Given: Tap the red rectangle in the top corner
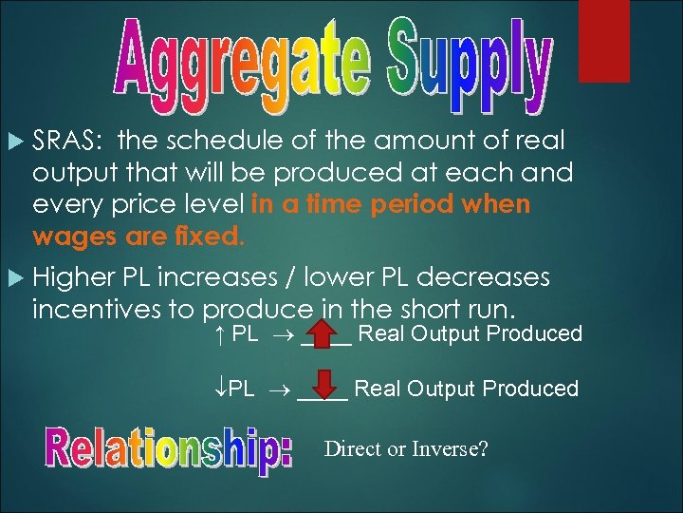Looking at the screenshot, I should (x=603, y=40).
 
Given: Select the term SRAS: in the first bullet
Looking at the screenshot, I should (x=67, y=142).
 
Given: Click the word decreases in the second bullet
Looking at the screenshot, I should (x=484, y=277).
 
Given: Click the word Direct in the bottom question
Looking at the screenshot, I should (x=354, y=448).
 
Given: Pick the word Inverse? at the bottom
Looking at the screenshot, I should (x=451, y=448).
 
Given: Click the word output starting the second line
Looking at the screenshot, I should (x=70, y=173).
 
